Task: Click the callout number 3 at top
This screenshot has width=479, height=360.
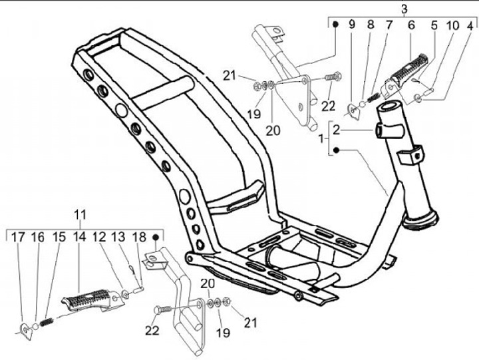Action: click(404, 8)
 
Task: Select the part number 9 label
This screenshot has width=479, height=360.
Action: click(352, 26)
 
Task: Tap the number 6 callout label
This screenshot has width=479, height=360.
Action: click(411, 26)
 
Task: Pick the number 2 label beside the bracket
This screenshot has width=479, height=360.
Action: click(337, 128)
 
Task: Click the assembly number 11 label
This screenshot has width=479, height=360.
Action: click(80, 214)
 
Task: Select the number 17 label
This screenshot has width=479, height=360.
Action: click(18, 237)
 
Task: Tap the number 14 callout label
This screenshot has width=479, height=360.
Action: click(79, 237)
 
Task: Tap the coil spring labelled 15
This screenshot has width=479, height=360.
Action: click(46, 321)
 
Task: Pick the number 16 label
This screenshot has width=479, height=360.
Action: click(38, 237)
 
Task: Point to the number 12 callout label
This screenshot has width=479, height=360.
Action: click(99, 237)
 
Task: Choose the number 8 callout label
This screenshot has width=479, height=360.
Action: click(371, 26)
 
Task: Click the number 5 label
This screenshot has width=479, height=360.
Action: click(434, 26)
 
